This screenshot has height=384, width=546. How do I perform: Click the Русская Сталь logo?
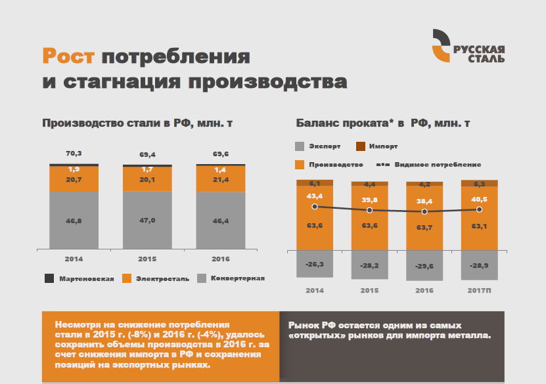468,47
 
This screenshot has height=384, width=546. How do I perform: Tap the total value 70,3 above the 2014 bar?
74,154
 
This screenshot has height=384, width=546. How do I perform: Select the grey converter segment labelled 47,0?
147,221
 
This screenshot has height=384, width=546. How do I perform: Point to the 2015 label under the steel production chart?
147,258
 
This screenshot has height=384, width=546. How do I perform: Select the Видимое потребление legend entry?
431,164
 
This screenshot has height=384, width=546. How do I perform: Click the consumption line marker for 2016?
424,211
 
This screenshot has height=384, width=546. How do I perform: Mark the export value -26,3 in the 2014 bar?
314,264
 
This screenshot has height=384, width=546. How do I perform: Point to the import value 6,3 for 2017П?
479,184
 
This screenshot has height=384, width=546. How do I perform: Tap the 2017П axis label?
479,289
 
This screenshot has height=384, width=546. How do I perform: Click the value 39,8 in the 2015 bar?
369,200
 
